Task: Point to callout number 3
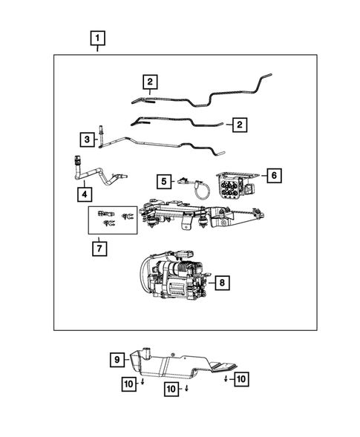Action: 87,139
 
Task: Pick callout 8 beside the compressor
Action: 221,282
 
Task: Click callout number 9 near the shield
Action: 117,361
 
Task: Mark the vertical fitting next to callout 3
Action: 102,134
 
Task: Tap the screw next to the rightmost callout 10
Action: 225,379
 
